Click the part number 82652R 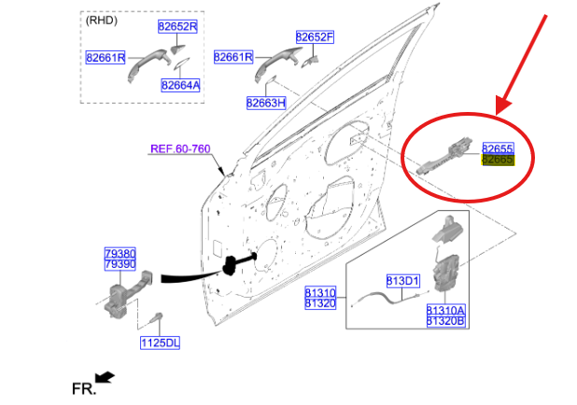pos(177,26)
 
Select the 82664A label pos(180,85)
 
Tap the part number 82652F pos(315,37)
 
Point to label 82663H pos(266,103)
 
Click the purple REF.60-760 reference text pos(180,148)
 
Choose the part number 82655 pos(498,148)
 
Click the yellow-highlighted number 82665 pos(498,161)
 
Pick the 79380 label pos(120,253)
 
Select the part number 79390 pos(120,265)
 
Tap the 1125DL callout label pos(160,342)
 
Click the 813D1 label pos(403,280)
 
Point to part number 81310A pos(446,309)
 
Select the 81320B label pos(446,321)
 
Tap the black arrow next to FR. pos(106,377)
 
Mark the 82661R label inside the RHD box pos(106,58)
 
